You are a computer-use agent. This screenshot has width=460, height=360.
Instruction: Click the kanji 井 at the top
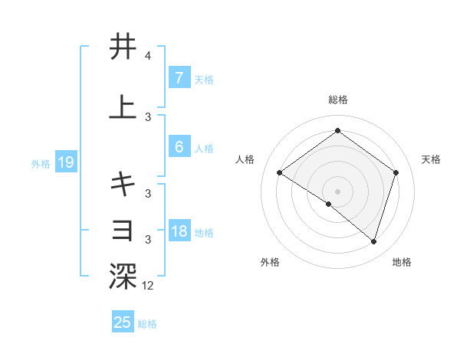(x=123, y=47)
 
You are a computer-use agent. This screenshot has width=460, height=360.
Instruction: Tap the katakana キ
(x=123, y=183)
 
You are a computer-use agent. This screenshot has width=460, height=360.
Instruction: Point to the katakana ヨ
(x=123, y=229)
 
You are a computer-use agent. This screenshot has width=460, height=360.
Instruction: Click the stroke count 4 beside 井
(x=147, y=56)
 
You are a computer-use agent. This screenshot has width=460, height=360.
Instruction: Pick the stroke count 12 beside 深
(x=147, y=286)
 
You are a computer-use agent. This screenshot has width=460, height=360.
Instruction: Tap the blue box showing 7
(x=179, y=78)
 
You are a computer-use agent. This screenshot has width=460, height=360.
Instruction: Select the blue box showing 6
(x=179, y=147)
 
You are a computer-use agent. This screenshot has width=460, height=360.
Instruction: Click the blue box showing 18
(x=179, y=231)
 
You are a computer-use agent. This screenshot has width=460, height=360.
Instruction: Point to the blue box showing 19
(x=64, y=162)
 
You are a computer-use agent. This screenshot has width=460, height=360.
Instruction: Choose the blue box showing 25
(x=123, y=322)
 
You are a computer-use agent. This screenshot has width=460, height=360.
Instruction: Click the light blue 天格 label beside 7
(x=204, y=79)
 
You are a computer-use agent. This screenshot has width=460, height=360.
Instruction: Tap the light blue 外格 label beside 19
(x=40, y=163)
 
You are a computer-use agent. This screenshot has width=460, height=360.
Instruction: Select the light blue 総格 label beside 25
(x=147, y=323)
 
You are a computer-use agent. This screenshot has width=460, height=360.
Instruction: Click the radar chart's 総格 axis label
(x=337, y=100)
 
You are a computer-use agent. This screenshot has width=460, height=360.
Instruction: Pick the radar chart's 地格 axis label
(x=402, y=263)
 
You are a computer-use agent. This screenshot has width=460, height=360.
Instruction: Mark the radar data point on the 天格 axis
(x=396, y=172)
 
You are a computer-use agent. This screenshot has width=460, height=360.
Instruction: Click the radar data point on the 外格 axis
(x=329, y=204)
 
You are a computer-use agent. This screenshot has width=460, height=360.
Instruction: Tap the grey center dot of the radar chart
(x=337, y=191)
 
